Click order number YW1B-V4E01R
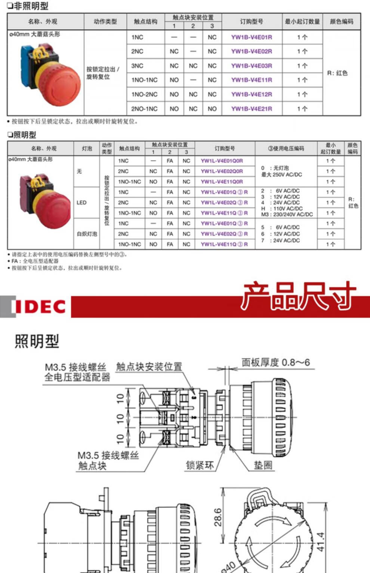pyautogui.click(x=252, y=37)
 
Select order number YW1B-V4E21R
pyautogui.click(x=252, y=109)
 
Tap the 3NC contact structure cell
pyautogui.click(x=137, y=66)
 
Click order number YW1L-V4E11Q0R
pyautogui.click(x=222, y=182)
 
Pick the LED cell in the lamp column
pyautogui.click(x=81, y=203)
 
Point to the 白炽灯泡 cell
pyautogui.click(x=87, y=234)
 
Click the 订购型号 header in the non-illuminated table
pyautogui.click(x=252, y=22)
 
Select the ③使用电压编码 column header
pyautogui.click(x=286, y=148)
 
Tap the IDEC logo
pyautogui.click(x=40, y=306)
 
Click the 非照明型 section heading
pyautogui.click(x=28, y=6)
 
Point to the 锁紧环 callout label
pyautogui.click(x=200, y=465)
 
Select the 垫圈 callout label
pyautogui.click(x=263, y=465)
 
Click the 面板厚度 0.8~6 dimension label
pyautogui.click(x=275, y=362)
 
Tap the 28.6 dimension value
pyautogui.click(x=218, y=517)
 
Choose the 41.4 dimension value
pyautogui.click(x=321, y=542)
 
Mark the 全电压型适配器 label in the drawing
pyautogui.click(x=77, y=378)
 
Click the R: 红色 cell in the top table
pyautogui.click(x=337, y=73)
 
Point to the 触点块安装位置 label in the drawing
pyautogui.click(x=149, y=367)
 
